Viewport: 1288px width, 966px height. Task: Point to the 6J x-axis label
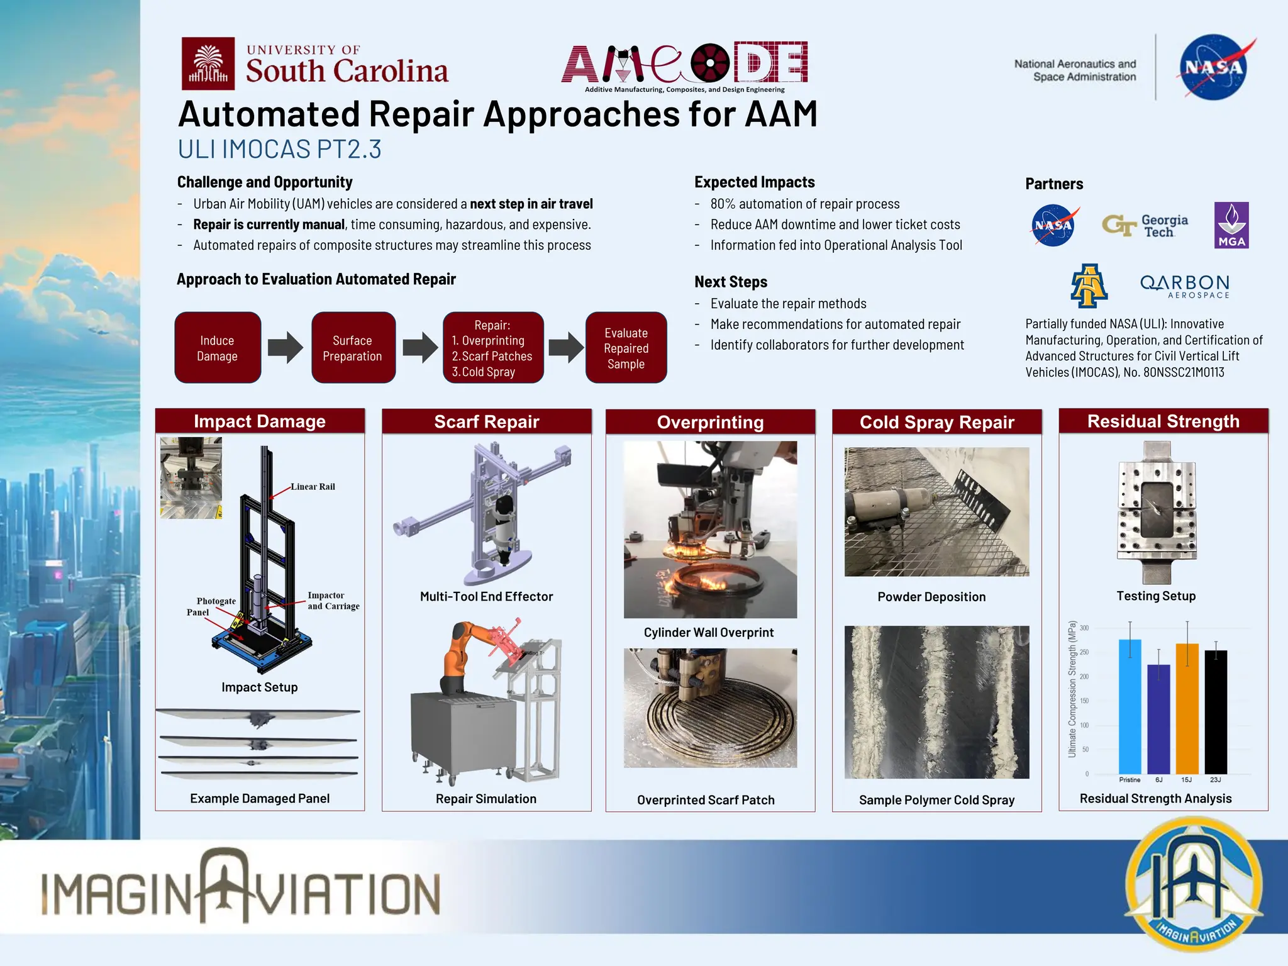(x=1158, y=780)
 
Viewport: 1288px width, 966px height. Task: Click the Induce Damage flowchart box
(x=218, y=348)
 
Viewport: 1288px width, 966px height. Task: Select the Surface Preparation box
(x=353, y=348)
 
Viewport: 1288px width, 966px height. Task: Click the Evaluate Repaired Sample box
(x=626, y=348)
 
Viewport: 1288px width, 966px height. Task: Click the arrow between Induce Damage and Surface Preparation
(x=286, y=348)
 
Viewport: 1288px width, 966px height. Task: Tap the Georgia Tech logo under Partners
(x=1145, y=226)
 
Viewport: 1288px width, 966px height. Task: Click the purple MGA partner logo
(x=1231, y=225)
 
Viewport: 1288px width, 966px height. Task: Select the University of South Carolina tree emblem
(x=208, y=64)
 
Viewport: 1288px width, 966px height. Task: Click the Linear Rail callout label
(x=313, y=487)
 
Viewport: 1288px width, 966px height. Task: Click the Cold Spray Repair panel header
(x=936, y=422)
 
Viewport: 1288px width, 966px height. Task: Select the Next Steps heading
(x=731, y=282)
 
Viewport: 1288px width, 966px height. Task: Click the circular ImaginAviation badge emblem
(x=1193, y=886)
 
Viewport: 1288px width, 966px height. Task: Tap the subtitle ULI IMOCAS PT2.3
(x=279, y=150)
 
